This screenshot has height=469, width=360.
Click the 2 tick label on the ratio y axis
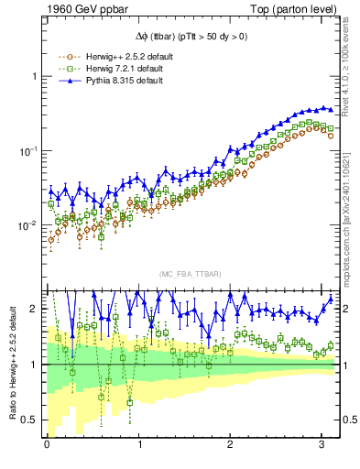click(34, 309)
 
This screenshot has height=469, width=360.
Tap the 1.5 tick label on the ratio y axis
click(30, 336)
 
